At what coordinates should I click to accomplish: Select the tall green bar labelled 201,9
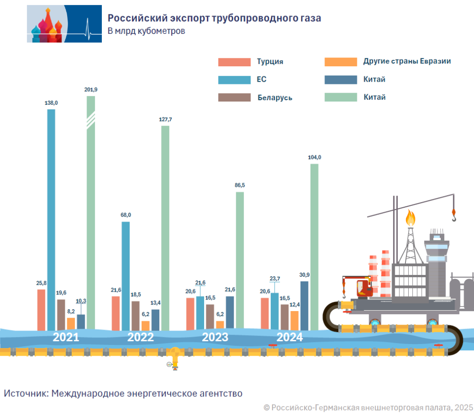click(91, 213)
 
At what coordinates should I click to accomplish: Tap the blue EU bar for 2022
click(125, 276)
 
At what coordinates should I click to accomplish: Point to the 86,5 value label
click(240, 185)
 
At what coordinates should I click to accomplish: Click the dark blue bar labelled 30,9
click(304, 306)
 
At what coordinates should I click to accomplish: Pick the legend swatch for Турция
click(234, 62)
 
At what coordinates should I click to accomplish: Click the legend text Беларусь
click(274, 98)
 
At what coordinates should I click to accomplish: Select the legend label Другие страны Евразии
click(407, 61)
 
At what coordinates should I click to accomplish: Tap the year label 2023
click(215, 337)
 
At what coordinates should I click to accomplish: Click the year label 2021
click(66, 337)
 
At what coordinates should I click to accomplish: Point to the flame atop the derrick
click(410, 217)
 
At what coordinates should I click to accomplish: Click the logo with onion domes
click(64, 24)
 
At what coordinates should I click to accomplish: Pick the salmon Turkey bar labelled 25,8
click(41, 310)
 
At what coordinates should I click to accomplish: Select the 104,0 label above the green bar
click(314, 158)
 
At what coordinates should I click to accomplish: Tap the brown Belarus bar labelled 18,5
click(135, 315)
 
